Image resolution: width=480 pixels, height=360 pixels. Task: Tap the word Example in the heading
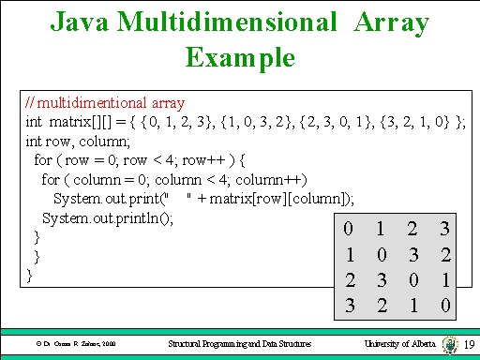[x=240, y=58]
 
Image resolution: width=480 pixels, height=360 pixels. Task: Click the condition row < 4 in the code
[x=160, y=160]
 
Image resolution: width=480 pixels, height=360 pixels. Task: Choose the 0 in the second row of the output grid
[x=380, y=253]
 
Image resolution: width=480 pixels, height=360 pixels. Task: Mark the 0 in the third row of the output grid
[x=412, y=278]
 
